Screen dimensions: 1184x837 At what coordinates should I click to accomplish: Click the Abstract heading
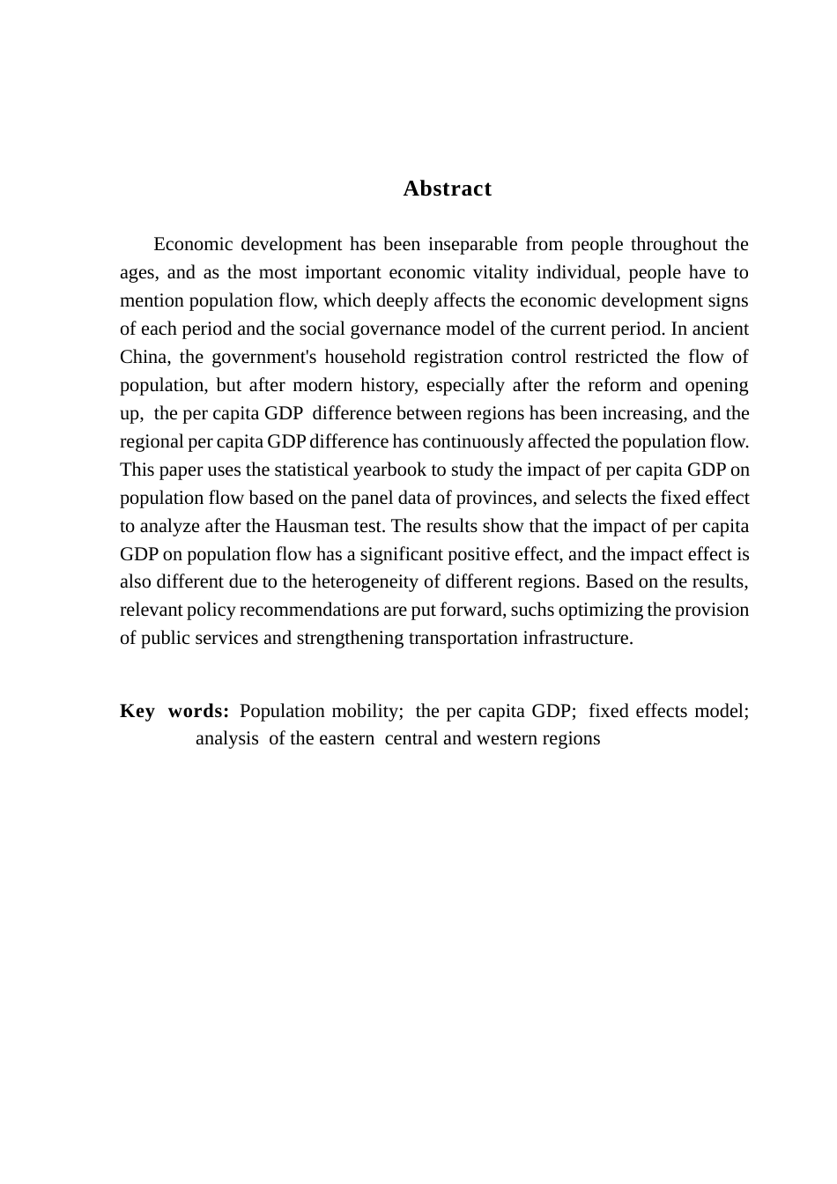coord(447,189)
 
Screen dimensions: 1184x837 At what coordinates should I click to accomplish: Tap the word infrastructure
coord(576,638)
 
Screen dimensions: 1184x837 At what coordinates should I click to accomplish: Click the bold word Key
coord(137,711)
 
